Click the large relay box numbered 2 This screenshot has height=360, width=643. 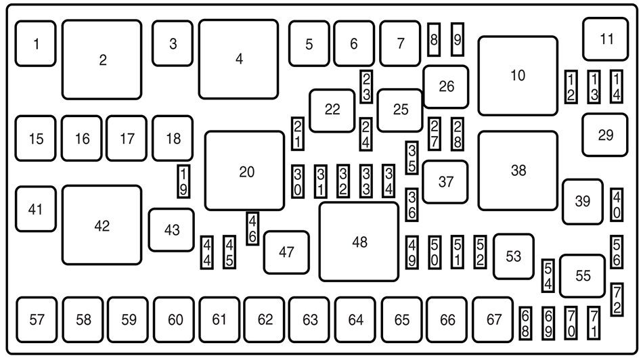click(102, 60)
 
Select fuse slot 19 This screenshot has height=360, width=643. click(183, 181)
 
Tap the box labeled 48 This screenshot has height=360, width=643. click(359, 241)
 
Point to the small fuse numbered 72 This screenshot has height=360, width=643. click(617, 299)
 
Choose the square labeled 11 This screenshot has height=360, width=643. click(605, 39)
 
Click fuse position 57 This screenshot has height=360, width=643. click(37, 319)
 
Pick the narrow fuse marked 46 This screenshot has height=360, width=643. click(252, 228)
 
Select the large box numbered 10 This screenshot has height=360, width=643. click(518, 76)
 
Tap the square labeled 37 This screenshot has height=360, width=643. click(445, 181)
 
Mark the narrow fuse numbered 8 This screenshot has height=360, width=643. click(434, 40)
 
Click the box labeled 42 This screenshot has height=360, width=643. click(102, 225)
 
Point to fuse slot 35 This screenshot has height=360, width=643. click(412, 157)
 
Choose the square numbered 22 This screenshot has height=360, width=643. click(332, 110)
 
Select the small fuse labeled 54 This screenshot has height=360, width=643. click(548, 276)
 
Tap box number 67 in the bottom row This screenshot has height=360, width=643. click(493, 319)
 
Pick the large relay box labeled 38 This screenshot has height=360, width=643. click(518, 171)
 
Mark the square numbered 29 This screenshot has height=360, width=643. click(604, 135)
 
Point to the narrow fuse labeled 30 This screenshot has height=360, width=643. click(298, 181)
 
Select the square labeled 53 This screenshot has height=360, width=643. click(513, 256)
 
